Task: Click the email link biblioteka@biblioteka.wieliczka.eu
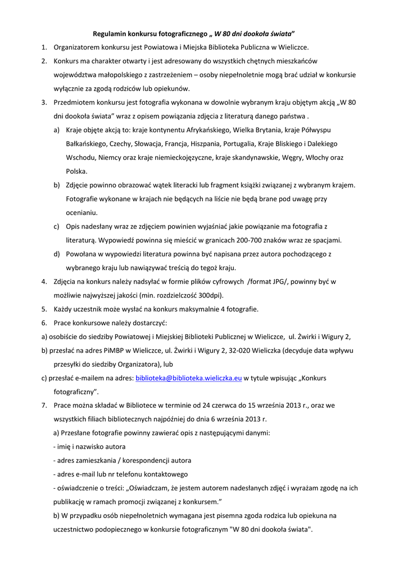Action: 189,378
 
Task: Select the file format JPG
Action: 276,281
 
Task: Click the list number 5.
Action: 44,309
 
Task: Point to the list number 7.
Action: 44,405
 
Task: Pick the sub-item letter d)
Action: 57,254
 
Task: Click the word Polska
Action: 76,171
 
